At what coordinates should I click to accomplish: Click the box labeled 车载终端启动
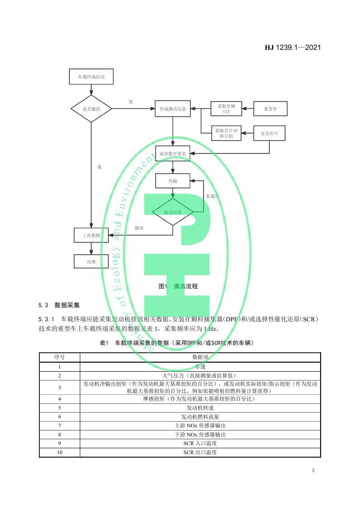click(91, 78)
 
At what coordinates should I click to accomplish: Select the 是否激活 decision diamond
click(91, 109)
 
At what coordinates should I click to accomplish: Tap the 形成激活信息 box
click(173, 109)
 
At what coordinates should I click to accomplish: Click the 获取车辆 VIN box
click(224, 109)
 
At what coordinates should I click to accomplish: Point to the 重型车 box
click(270, 109)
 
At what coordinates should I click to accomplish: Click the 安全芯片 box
click(269, 133)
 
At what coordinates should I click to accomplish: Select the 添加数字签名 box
click(173, 154)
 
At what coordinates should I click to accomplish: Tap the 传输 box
click(173, 181)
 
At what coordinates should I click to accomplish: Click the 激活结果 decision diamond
click(173, 212)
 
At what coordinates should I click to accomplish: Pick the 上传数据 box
click(91, 235)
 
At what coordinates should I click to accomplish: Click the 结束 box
click(91, 262)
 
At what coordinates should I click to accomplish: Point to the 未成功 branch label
click(213, 196)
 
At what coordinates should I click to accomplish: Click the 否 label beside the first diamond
click(131, 102)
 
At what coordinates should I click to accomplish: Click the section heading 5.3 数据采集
click(59, 304)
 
